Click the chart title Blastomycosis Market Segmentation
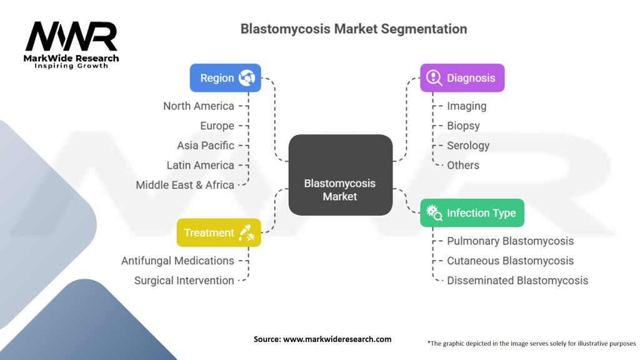pyautogui.click(x=354, y=29)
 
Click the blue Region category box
pyautogui.click(x=226, y=78)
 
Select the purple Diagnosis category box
pyautogui.click(x=461, y=78)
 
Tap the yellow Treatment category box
pyautogui.click(x=218, y=232)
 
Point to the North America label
pyautogui.click(x=198, y=106)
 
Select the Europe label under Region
pyautogui.click(x=217, y=126)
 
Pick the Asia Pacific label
pyautogui.click(x=206, y=146)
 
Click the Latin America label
pyautogui.click(x=200, y=166)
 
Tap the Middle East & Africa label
pyautogui.click(x=185, y=185)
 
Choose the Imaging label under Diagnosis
pyautogui.click(x=466, y=106)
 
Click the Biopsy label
pyautogui.click(x=463, y=126)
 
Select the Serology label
pyautogui.click(x=468, y=146)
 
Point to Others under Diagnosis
pyautogui.click(x=463, y=166)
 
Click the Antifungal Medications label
pyautogui.click(x=177, y=261)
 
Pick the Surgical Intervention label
pyautogui.click(x=184, y=281)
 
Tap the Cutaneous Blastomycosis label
pyautogui.click(x=510, y=261)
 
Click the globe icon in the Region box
pyautogui.click(x=247, y=78)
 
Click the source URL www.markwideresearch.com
pyautogui.click(x=337, y=339)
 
